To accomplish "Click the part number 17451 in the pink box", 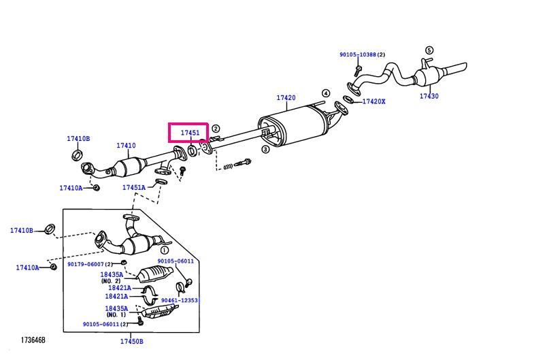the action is coord(190,133).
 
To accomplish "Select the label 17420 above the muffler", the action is coord(286,98).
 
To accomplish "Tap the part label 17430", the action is coord(429,96).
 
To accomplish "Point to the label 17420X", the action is coord(374,101).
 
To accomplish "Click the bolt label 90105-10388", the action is coord(358,54).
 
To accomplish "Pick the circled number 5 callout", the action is coord(429,50).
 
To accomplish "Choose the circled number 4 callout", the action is coord(325,93).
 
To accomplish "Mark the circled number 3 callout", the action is coord(265,150).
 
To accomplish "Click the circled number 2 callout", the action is coord(216,129).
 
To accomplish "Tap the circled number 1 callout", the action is coord(165,250).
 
